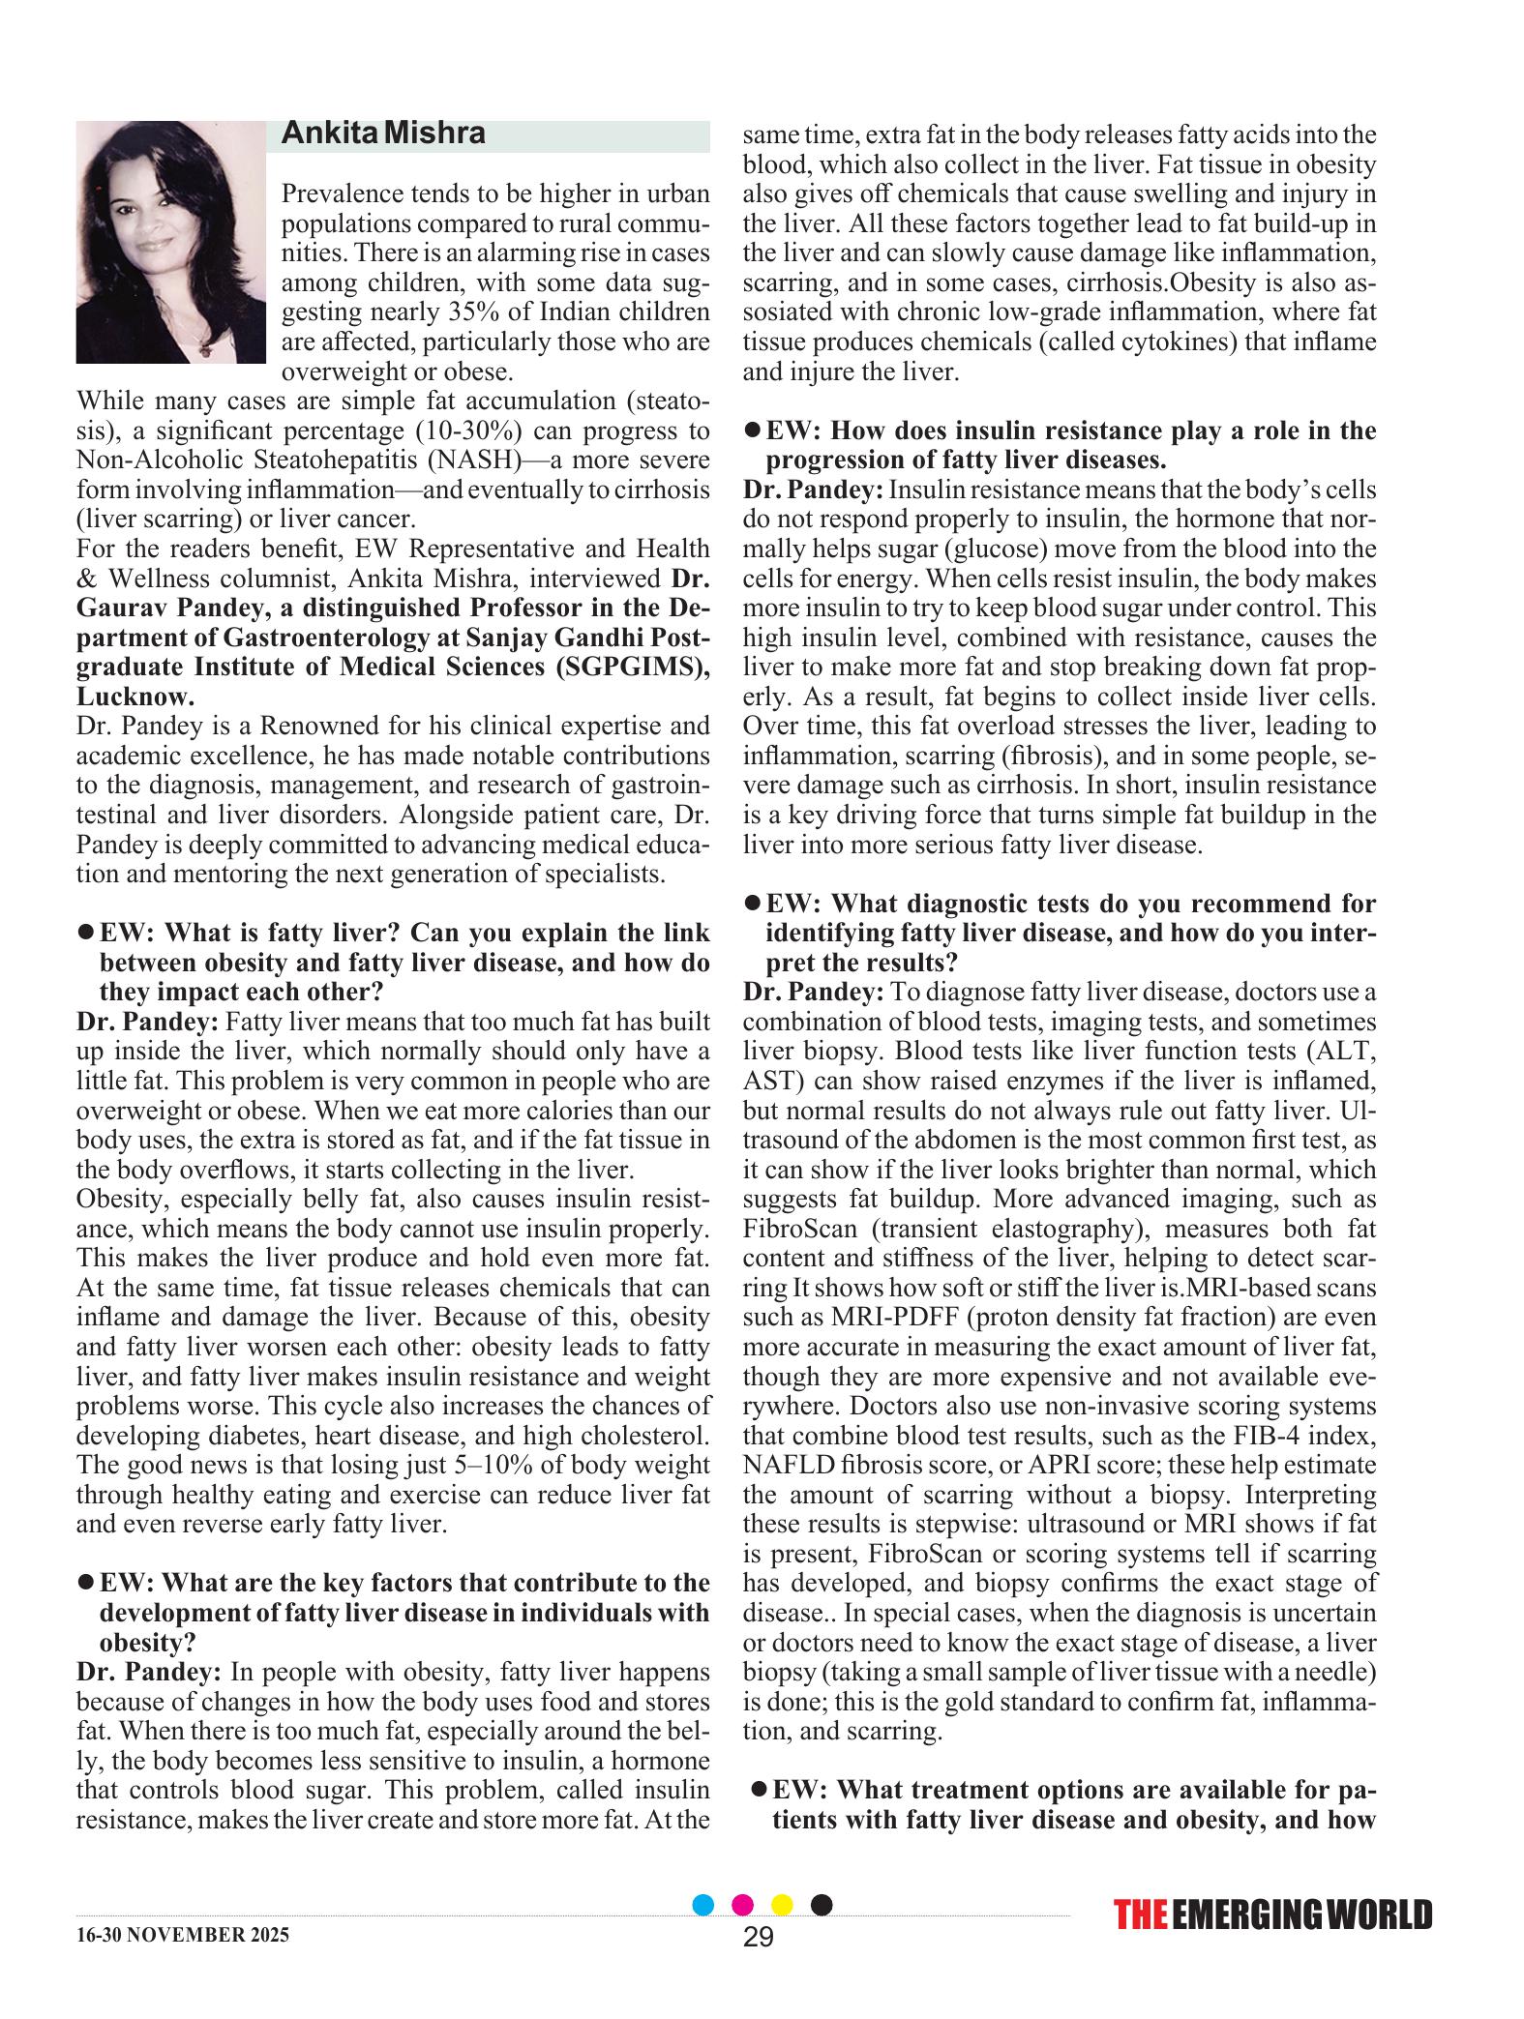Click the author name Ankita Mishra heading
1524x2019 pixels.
click(383, 134)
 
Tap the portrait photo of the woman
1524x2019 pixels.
click(170, 242)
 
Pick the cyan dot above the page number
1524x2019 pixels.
click(703, 1906)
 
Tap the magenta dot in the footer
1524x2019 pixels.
click(743, 1906)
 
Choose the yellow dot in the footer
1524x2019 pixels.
click(782, 1906)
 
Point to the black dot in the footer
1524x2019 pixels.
click(821, 1906)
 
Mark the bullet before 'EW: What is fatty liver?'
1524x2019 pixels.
click(85, 932)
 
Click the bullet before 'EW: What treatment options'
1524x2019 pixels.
click(760, 1789)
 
